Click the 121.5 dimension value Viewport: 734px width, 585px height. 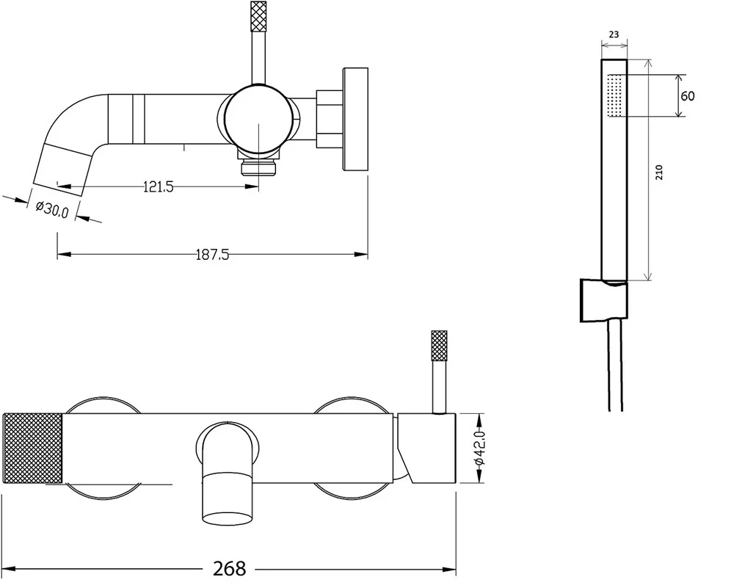pyautogui.click(x=159, y=186)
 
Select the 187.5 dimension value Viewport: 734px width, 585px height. pyautogui.click(x=212, y=255)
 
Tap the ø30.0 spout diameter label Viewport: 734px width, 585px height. pyautogui.click(x=52, y=209)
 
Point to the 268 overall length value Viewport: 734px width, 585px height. pyautogui.click(x=229, y=569)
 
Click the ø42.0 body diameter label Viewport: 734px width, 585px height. pyautogui.click(x=480, y=448)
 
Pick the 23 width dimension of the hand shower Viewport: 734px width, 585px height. pyautogui.click(x=614, y=34)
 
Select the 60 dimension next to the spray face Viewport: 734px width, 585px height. pyautogui.click(x=687, y=96)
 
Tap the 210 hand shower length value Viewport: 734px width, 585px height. pyautogui.click(x=660, y=172)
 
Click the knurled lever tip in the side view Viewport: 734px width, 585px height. pyautogui.click(x=259, y=17)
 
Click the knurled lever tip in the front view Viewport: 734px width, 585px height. pyautogui.click(x=439, y=346)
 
